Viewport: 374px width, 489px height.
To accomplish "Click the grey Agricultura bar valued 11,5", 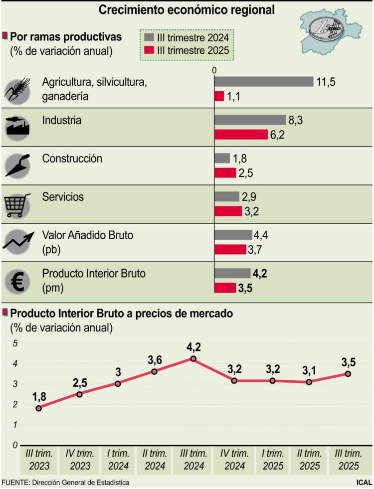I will click(x=264, y=82).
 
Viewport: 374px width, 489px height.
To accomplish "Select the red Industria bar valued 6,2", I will click(x=241, y=135).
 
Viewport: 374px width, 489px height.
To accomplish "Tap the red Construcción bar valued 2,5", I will click(x=225, y=173).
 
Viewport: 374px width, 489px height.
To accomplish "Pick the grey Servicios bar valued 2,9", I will click(x=227, y=196).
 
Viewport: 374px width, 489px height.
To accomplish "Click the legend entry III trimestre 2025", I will click(x=187, y=50).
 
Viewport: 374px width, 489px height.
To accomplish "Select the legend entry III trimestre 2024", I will click(x=187, y=38).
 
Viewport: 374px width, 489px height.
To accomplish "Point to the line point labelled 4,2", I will click(x=193, y=358).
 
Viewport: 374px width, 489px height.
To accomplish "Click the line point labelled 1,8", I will click(x=38, y=408).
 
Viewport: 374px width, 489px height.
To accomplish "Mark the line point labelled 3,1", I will click(x=309, y=382).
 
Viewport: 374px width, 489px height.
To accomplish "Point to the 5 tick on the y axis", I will click(x=15, y=343).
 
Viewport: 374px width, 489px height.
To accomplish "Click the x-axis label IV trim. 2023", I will click(x=78, y=459).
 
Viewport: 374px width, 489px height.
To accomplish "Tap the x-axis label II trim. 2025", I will click(x=309, y=459).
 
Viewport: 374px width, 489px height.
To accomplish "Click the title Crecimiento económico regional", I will click(x=187, y=9).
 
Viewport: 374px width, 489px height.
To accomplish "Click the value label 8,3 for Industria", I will click(x=295, y=120).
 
